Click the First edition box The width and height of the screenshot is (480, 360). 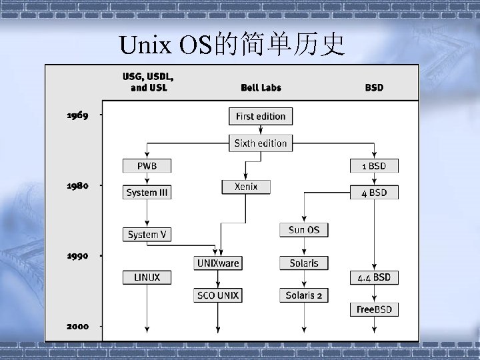click(x=261, y=117)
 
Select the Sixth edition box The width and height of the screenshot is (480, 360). click(x=261, y=143)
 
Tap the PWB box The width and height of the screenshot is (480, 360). click(x=147, y=166)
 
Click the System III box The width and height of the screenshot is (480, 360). click(x=147, y=193)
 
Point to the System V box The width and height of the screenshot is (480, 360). click(x=147, y=234)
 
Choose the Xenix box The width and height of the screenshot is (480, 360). click(x=246, y=187)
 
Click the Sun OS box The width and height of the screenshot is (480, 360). click(x=304, y=230)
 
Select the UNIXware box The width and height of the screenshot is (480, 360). click(x=218, y=263)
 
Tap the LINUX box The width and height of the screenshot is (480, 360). click(x=147, y=277)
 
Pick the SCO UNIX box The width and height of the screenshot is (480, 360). click(x=218, y=295)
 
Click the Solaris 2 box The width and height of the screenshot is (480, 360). click(x=304, y=295)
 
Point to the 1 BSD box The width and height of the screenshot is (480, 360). click(x=374, y=166)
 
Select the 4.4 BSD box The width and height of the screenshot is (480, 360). click(x=374, y=277)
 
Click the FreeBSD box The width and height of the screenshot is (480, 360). click(x=374, y=310)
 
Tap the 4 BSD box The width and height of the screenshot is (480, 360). click(x=374, y=193)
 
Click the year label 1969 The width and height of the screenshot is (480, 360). click(x=77, y=115)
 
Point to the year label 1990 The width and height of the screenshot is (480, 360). click(x=77, y=255)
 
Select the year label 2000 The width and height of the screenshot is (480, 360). click(x=77, y=326)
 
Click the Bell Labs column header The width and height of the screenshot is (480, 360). click(x=261, y=87)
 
